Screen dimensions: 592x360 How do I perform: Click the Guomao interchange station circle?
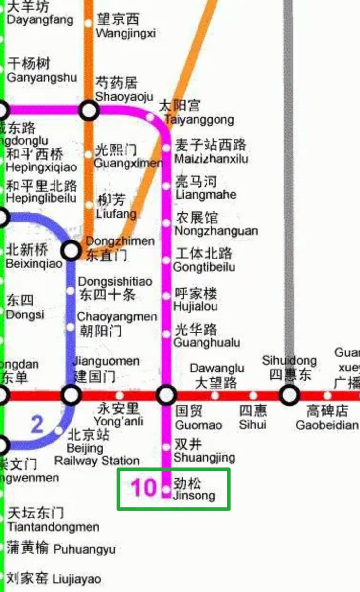pos(166,395)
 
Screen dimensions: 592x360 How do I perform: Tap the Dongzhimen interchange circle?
pos(71,251)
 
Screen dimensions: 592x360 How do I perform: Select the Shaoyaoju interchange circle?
pos(90,111)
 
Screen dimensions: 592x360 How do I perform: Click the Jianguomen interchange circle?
pos(71,395)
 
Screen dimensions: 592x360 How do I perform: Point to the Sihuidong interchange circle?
pos(289,395)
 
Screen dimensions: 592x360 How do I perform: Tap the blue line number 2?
pos(37,425)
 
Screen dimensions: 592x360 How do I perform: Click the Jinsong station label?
pos(194,489)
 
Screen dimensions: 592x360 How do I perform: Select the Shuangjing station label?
pos(204,451)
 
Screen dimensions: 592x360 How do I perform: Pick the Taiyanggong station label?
pos(198,112)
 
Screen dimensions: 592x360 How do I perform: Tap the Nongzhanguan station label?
pos(216,224)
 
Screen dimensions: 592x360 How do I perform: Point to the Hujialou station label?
pos(196,300)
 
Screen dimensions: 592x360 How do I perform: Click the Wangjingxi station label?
pos(126,26)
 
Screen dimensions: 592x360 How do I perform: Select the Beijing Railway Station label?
pos(96,447)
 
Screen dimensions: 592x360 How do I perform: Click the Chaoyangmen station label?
pos(117,324)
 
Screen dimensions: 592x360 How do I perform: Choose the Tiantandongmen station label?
pos(53,520)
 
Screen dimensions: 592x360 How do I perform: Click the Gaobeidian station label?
pos(327,418)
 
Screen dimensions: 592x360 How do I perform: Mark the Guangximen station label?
pos(127,156)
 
